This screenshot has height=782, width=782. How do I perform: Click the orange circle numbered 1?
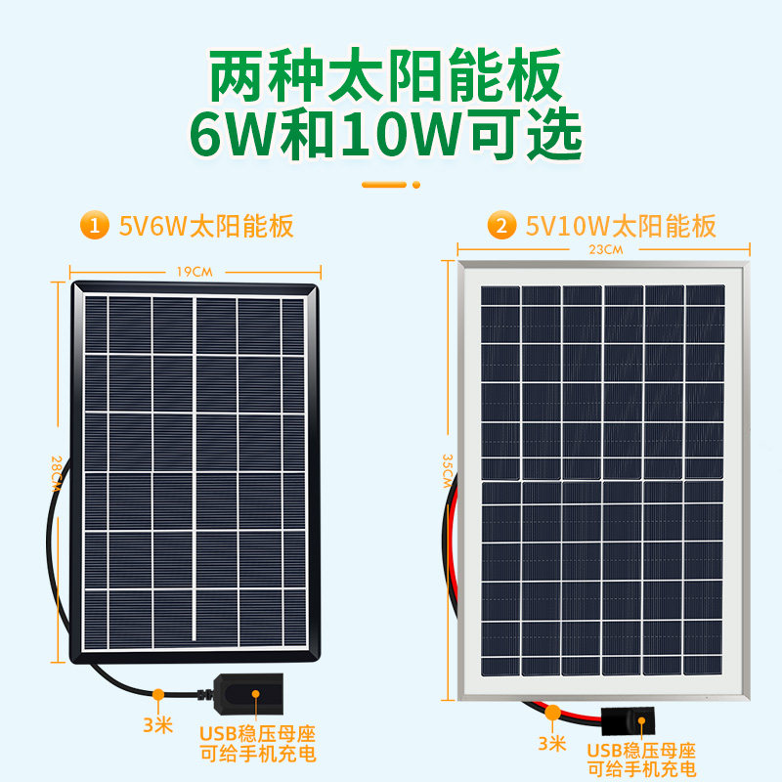pos(94,227)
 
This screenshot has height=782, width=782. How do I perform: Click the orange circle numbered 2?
pos(501,228)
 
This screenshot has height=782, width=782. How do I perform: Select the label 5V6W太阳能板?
pos(206,227)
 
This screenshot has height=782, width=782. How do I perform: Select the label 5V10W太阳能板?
pos(621,228)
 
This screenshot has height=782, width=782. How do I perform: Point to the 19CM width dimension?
pos(195,271)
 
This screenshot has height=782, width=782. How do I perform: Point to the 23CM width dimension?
pos(605,251)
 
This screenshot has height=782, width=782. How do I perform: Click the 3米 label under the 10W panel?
pos(551,742)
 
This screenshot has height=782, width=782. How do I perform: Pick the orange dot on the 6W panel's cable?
pos(157,695)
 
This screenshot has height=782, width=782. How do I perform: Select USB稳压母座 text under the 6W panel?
pos(258,733)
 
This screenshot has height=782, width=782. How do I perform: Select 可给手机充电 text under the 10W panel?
pos(641,771)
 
